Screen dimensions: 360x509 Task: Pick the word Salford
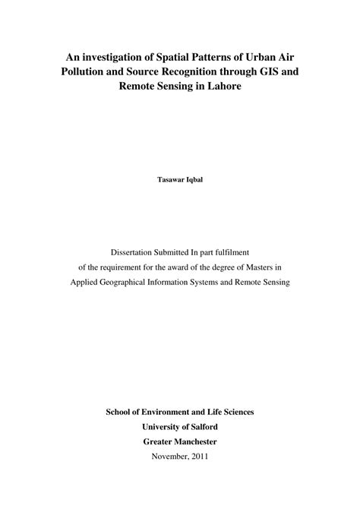(203, 426)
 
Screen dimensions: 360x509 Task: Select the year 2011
(200, 457)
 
